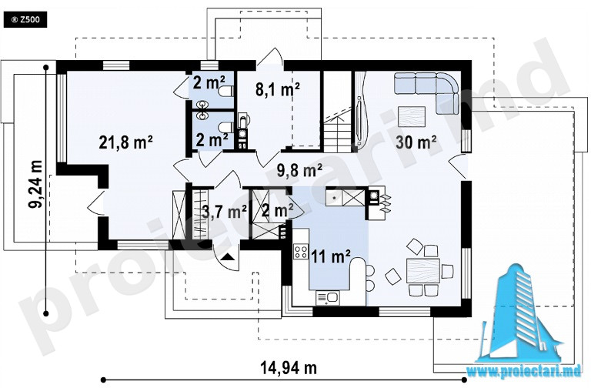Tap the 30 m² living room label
click(x=416, y=142)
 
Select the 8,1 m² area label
click(x=277, y=90)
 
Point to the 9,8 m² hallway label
click(x=299, y=170)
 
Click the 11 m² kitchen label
click(x=331, y=257)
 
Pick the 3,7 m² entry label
click(x=225, y=212)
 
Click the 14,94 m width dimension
click(x=289, y=367)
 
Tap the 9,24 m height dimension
click(x=35, y=184)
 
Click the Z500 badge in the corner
click(x=25, y=19)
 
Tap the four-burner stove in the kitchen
click(x=301, y=252)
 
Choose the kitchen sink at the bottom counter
click(x=328, y=298)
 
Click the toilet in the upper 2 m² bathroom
click(x=226, y=92)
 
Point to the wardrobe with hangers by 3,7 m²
click(x=200, y=214)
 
